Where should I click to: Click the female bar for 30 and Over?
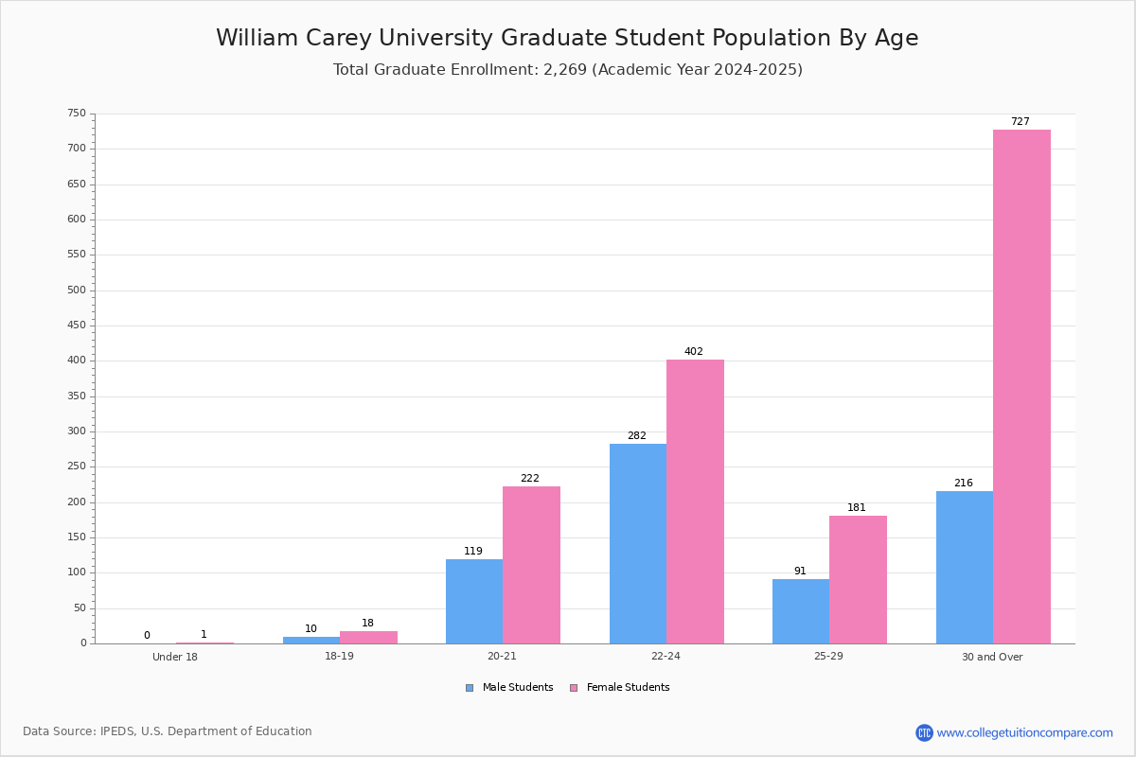[1021, 386]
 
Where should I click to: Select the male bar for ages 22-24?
[638, 543]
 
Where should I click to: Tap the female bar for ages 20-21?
[531, 565]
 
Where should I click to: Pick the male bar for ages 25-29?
[801, 611]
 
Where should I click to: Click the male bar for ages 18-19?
[311, 640]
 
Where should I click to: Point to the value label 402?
[694, 351]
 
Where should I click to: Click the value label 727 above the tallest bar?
[1021, 122]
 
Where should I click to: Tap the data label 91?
[800, 571]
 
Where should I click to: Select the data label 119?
[473, 551]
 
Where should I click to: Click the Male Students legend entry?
[509, 688]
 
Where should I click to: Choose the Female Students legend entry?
[620, 688]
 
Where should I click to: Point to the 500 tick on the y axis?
[77, 290]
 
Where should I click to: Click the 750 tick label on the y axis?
[77, 113]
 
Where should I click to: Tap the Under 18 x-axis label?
[175, 657]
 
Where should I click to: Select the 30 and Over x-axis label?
[992, 657]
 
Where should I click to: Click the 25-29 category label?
[828, 656]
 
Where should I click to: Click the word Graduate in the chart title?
[555, 38]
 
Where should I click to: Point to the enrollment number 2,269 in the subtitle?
[565, 69]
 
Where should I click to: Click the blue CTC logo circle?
[924, 732]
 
